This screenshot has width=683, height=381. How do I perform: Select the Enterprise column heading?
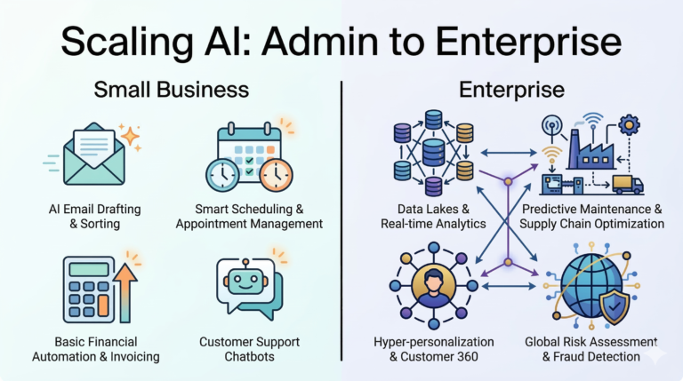(x=511, y=90)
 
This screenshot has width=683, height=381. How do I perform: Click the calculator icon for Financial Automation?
(x=84, y=289)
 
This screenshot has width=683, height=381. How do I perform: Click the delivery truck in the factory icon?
(x=628, y=183)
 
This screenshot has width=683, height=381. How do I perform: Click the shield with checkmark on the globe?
(x=617, y=306)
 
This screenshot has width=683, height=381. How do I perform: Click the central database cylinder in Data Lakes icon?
(x=434, y=152)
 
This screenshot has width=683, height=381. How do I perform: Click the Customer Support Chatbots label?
(x=249, y=349)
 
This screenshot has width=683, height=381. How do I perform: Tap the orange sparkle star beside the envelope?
(x=131, y=136)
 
